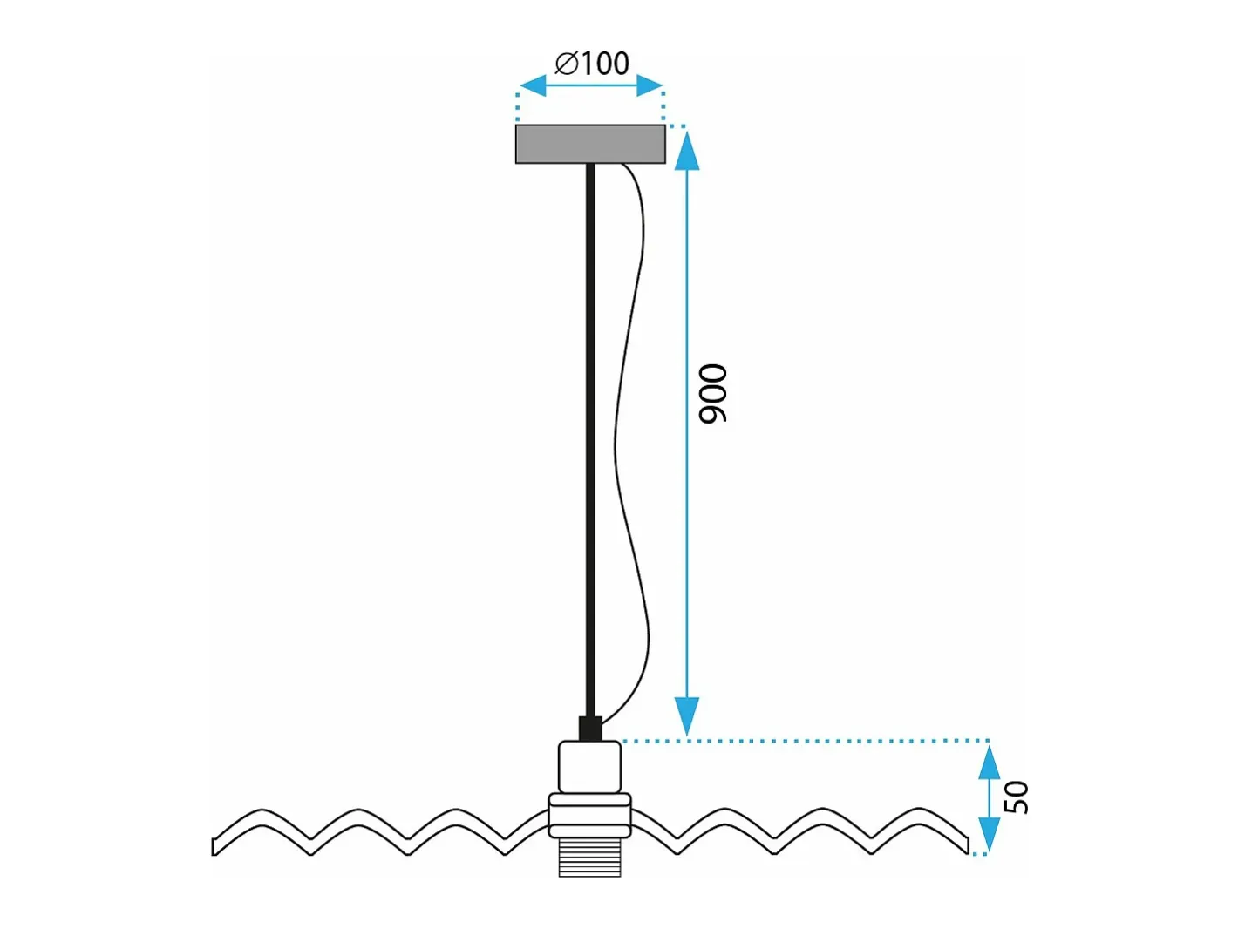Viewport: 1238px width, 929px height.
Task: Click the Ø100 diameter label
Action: [x=592, y=63]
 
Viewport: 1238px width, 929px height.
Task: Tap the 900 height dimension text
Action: [x=713, y=393]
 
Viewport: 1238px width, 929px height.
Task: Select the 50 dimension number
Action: [x=1017, y=797]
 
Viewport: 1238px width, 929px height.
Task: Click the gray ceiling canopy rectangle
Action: [x=590, y=145]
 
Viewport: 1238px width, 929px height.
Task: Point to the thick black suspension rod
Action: [x=590, y=440]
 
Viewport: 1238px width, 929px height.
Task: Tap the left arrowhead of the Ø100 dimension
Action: [x=533, y=85]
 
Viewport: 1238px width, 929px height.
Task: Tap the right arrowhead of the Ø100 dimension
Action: [x=650, y=85]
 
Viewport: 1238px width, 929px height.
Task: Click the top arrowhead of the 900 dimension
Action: [x=686, y=150]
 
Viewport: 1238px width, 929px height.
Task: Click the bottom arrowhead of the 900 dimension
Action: [x=686, y=715]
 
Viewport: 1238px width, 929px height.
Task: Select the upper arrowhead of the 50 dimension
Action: [x=989, y=763]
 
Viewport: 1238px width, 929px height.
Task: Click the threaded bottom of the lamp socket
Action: [x=589, y=857]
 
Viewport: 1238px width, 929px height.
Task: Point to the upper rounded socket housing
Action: [x=589, y=767]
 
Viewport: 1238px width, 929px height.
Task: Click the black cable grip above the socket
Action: [x=590, y=729]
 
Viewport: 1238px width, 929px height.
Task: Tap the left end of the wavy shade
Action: [x=214, y=847]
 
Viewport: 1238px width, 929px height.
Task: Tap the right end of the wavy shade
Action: [x=967, y=845]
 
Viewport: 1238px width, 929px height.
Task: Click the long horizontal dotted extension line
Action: [x=805, y=741]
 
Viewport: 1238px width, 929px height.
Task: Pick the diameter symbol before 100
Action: [x=567, y=63]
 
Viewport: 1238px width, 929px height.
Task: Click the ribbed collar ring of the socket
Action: [x=589, y=815]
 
